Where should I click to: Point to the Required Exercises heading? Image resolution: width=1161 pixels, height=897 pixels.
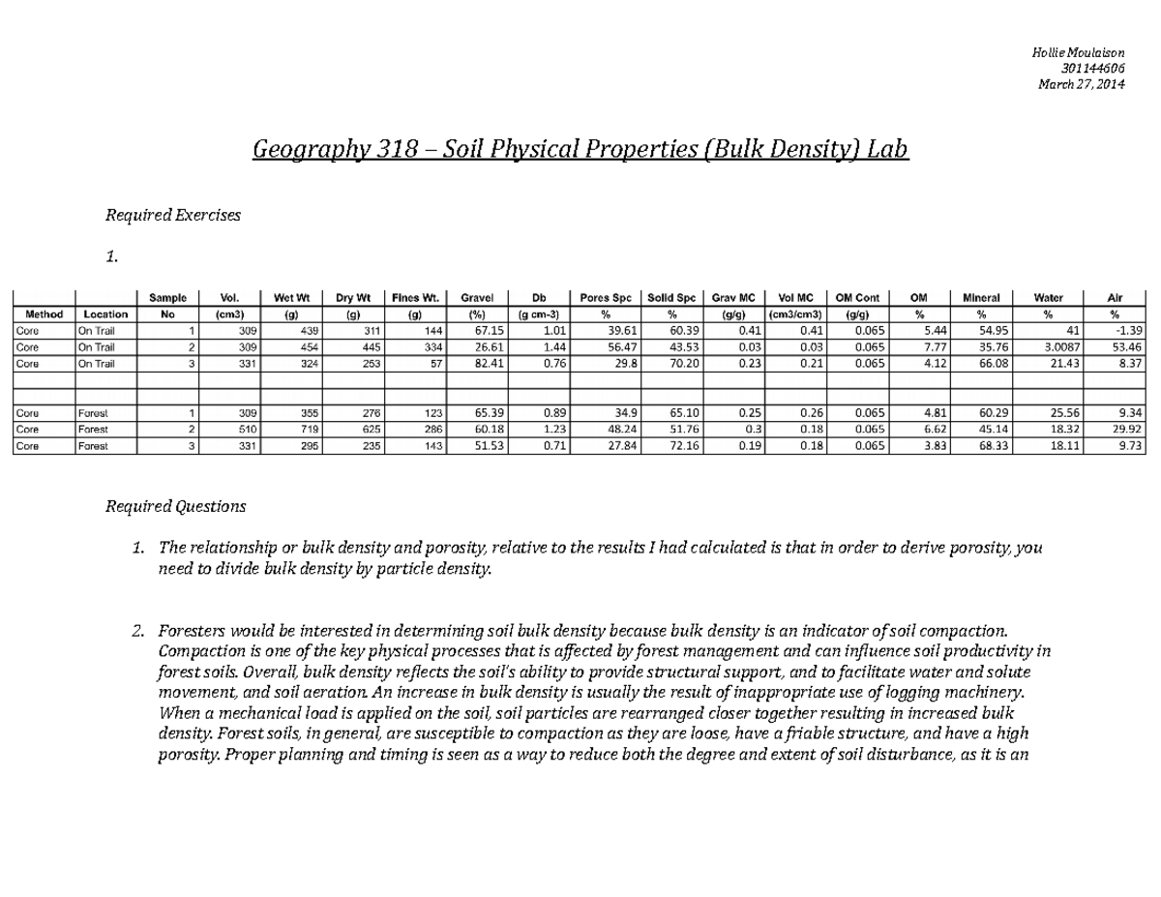[x=172, y=215]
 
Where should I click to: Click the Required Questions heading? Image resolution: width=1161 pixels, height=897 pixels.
[x=175, y=506]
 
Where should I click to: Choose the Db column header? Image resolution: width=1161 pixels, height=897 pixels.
[x=538, y=298]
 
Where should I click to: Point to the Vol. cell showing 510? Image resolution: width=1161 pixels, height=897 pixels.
[x=247, y=429]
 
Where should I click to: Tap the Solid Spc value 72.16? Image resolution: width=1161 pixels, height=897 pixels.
[x=669, y=446]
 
